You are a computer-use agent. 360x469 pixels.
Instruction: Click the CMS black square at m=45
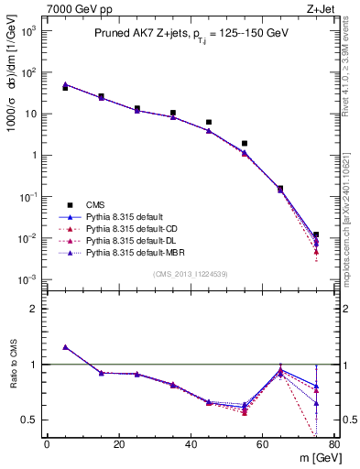(x=209, y=122)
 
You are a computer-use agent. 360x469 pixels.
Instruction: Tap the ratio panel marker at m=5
(x=65, y=347)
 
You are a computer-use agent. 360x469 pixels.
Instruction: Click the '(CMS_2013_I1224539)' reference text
(x=189, y=274)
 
